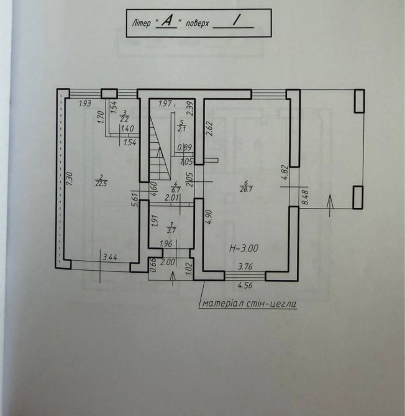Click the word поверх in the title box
(x=198, y=24)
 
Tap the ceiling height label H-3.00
(x=243, y=248)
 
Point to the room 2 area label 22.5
(x=101, y=184)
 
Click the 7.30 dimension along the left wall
(x=70, y=179)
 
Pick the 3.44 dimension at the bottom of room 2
(x=110, y=257)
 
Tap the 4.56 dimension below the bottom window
(x=245, y=286)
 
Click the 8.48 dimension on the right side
(x=305, y=197)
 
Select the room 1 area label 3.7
(x=171, y=230)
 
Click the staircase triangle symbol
(x=159, y=148)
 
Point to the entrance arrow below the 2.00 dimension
(x=173, y=278)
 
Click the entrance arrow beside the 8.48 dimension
(x=330, y=206)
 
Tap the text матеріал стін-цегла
(x=249, y=303)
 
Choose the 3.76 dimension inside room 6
(x=245, y=266)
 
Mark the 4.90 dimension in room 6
(x=209, y=217)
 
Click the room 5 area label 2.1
(x=182, y=129)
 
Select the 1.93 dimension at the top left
(x=85, y=103)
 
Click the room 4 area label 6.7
(x=176, y=190)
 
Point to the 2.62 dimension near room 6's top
(x=209, y=129)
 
